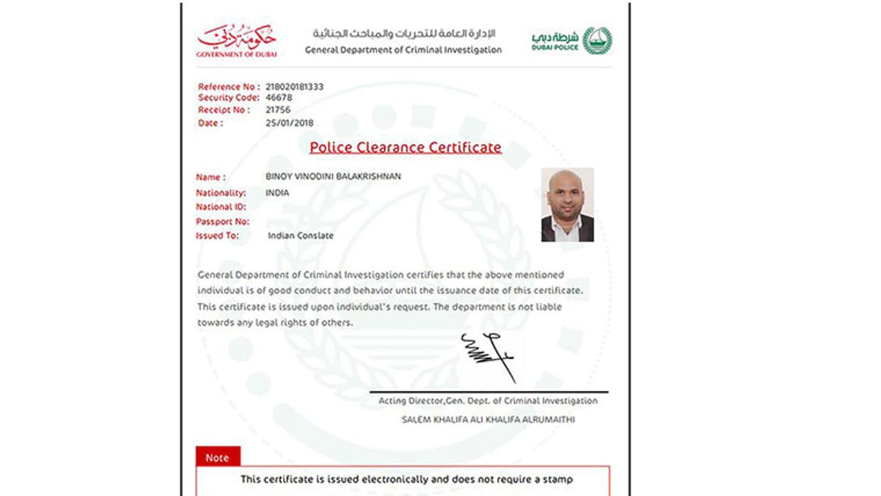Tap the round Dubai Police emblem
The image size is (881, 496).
(597, 41)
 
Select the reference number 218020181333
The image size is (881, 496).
(294, 87)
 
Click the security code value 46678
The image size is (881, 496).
(279, 98)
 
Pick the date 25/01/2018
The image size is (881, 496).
(289, 123)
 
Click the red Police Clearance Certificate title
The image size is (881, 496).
(405, 147)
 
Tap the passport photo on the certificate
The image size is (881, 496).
(567, 205)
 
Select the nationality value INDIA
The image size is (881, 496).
(277, 193)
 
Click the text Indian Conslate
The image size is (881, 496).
(301, 236)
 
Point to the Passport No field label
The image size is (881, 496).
(222, 222)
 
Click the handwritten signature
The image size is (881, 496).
(488, 356)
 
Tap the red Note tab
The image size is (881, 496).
(217, 457)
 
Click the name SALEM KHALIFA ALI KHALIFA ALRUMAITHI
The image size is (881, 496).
(488, 419)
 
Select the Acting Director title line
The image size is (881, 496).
(488, 401)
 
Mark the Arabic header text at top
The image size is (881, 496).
(404, 34)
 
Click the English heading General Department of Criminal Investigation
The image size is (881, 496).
(403, 50)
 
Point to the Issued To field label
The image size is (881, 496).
(217, 236)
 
